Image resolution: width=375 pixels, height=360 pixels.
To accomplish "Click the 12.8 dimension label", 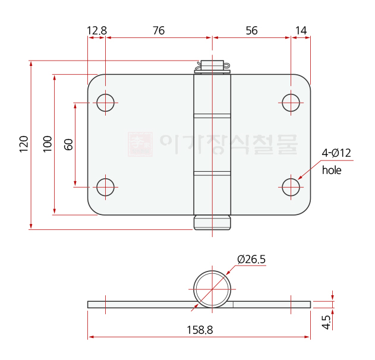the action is click(97, 31).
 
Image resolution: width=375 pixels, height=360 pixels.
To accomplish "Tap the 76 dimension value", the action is click(159, 31).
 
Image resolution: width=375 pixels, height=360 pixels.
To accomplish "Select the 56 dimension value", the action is click(251, 31).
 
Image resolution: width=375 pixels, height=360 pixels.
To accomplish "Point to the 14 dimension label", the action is click(301, 31).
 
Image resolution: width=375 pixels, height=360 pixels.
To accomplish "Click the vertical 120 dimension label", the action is click(24, 144).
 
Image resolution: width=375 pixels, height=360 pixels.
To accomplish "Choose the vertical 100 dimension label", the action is click(48, 144).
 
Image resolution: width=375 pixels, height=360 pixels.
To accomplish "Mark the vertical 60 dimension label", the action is click(68, 144).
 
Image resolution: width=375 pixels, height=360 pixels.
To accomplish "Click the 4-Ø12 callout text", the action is click(336, 153).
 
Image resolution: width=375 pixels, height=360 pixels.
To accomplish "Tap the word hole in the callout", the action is click(332, 170).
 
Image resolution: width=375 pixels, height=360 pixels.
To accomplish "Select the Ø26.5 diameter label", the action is click(251, 260).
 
